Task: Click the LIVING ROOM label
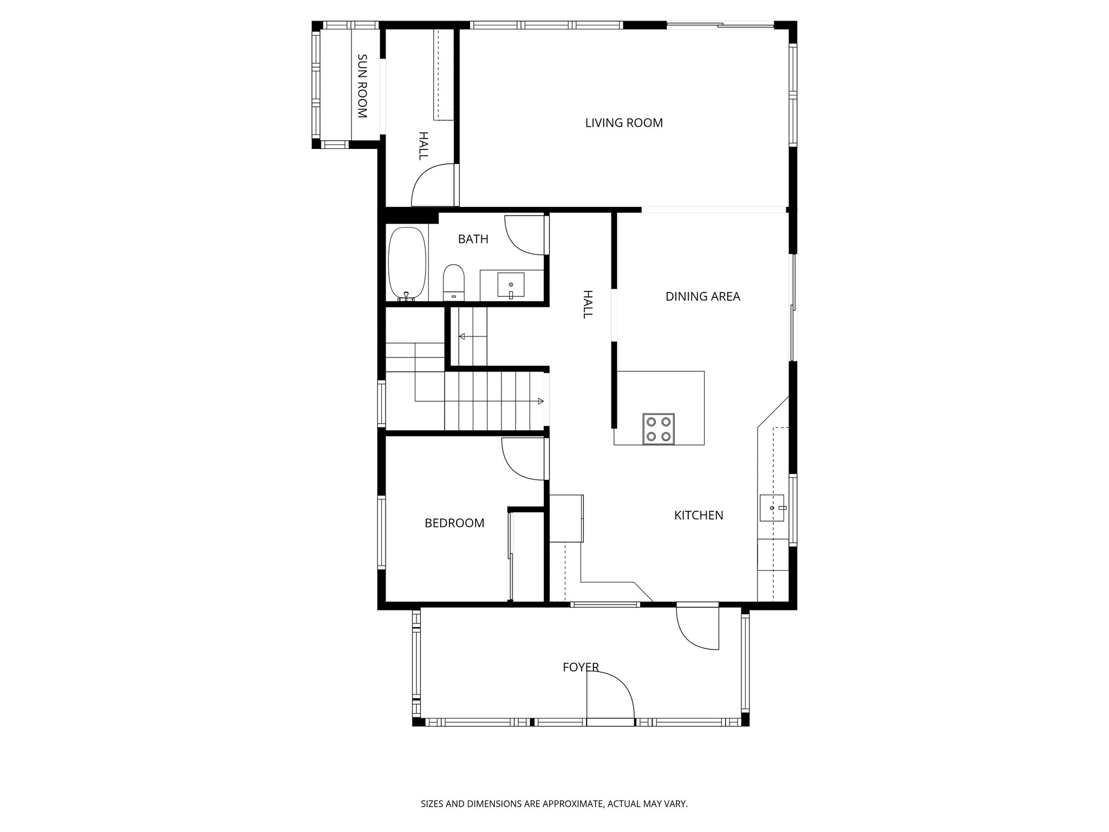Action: click(x=624, y=123)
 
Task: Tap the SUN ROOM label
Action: click(x=362, y=86)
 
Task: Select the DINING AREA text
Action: click(x=702, y=296)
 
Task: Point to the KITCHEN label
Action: click(x=699, y=515)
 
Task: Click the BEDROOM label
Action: click(x=454, y=523)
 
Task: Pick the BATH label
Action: click(x=473, y=239)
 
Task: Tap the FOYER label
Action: click(x=580, y=667)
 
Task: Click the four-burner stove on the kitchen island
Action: click(x=658, y=429)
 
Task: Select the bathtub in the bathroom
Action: click(x=408, y=264)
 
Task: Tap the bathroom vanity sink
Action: click(x=511, y=285)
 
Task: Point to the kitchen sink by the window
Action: click(x=772, y=508)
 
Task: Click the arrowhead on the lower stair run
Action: click(x=540, y=401)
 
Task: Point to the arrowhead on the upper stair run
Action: click(x=462, y=336)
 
